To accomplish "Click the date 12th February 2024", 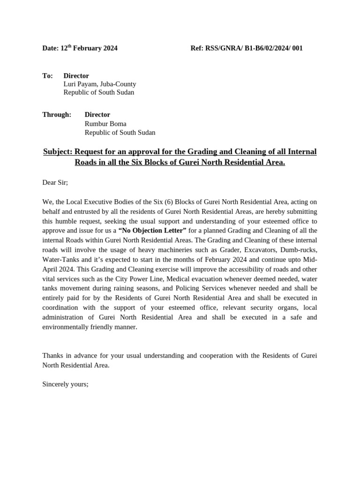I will coord(89,48).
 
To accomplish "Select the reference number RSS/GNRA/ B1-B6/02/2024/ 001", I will coord(254,48).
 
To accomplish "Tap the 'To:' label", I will coord(47,76).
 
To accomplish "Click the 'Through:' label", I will coord(57,115).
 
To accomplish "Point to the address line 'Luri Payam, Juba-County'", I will coord(100,84).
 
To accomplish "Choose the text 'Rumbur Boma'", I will coord(105,124).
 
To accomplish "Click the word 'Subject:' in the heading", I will coord(58,152).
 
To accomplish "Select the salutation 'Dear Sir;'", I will coord(55,182).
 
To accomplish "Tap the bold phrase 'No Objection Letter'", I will coord(152,231).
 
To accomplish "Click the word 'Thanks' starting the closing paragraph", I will coord(52,356).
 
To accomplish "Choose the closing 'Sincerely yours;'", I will coord(65,384).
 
